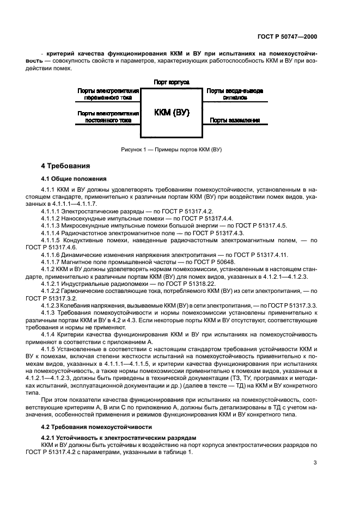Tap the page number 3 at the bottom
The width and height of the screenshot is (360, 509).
pyautogui.click(x=315, y=463)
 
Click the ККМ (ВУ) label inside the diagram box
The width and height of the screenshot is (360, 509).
pyautogui.click(x=172, y=113)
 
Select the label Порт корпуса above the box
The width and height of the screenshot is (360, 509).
pyautogui.click(x=172, y=82)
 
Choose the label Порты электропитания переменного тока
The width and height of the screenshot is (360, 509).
pyautogui.click(x=108, y=95)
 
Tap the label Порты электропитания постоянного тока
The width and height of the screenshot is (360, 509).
pyautogui.click(x=108, y=116)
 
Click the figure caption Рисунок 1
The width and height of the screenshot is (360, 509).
pyautogui.click(x=172, y=150)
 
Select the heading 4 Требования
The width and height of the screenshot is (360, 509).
pyautogui.click(x=66, y=166)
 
